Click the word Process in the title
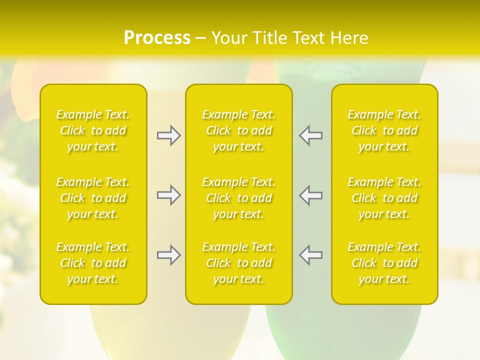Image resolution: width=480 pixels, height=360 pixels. point(157,38)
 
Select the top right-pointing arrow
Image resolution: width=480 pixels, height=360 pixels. point(168,135)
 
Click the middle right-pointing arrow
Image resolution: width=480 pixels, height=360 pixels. point(168,195)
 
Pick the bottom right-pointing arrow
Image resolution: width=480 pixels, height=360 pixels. point(168,255)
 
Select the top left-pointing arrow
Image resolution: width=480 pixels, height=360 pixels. point(311,135)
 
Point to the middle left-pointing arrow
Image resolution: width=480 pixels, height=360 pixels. point(311,195)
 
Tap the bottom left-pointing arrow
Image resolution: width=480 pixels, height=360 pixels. point(311,255)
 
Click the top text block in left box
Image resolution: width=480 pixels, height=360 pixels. point(93,130)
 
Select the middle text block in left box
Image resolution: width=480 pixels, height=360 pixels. point(93,198)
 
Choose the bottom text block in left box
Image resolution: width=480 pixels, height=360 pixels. point(93,263)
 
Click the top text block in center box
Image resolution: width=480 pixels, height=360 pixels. point(239,130)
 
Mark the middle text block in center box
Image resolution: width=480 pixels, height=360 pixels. point(239,198)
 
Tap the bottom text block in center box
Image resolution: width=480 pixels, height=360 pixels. point(239,263)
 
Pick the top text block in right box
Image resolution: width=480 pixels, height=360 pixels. point(384,130)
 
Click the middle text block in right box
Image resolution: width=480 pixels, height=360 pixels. point(384,198)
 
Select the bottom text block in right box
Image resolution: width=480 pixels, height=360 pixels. point(384,263)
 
